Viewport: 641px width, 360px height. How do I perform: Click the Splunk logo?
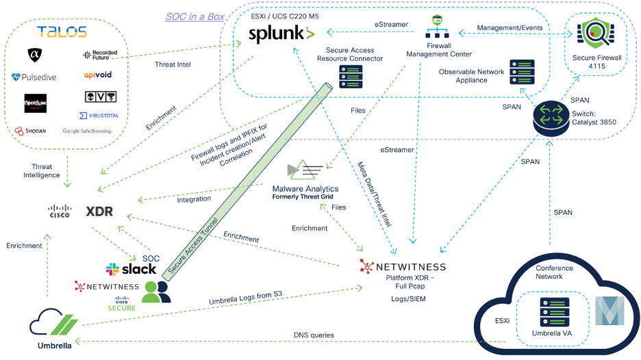[x=281, y=34]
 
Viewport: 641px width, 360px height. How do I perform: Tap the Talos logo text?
[x=62, y=32]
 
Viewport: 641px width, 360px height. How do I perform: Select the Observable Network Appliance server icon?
[x=522, y=72]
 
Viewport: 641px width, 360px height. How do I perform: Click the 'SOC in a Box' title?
[x=194, y=16]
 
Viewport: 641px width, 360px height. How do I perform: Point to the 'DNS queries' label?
[x=315, y=335]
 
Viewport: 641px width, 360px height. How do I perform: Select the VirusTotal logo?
[x=98, y=116]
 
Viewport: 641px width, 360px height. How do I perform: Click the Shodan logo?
[x=31, y=131]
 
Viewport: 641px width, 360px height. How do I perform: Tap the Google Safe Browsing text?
[x=86, y=131]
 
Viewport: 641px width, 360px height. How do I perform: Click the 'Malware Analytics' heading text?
[x=305, y=188]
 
